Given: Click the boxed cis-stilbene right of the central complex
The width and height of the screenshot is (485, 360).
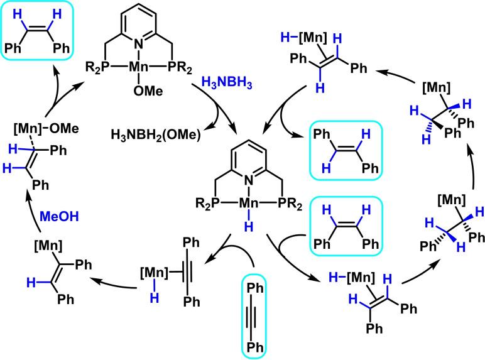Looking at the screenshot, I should (x=339, y=231).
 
